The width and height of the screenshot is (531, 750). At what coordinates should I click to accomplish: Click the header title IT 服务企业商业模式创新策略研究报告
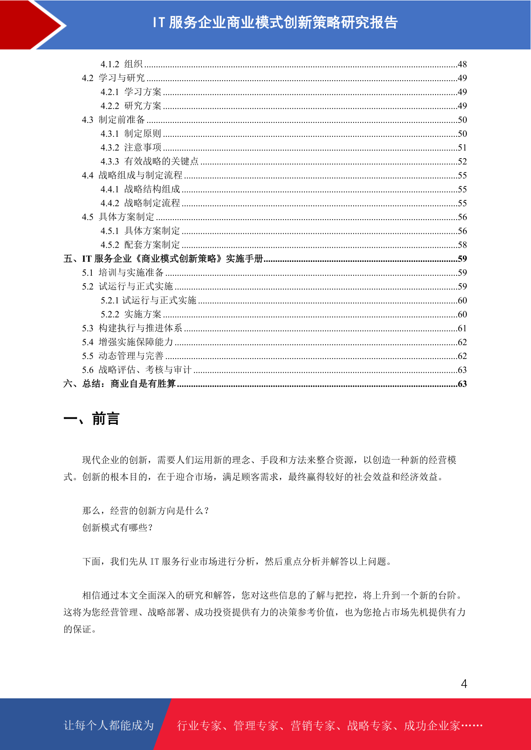(275, 22)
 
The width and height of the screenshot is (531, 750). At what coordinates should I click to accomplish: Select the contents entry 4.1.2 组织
(121, 64)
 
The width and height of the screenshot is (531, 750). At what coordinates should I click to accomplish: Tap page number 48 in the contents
(462, 64)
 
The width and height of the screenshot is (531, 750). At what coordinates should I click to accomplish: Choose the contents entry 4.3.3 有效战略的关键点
(149, 161)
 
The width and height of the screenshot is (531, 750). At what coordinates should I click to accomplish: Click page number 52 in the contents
(462, 161)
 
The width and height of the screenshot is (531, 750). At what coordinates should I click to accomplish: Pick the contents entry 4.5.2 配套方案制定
(140, 245)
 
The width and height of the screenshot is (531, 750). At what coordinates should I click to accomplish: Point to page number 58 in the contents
(462, 245)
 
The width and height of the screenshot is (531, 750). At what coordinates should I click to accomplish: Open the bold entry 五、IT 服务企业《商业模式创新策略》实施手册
(163, 259)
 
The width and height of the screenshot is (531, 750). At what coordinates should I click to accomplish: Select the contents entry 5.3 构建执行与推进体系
(132, 328)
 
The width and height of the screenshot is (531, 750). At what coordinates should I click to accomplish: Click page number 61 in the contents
(462, 328)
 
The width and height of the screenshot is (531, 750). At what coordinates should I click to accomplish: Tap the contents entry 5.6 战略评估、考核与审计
(136, 370)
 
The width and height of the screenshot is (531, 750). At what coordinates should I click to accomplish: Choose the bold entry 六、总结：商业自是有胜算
(119, 384)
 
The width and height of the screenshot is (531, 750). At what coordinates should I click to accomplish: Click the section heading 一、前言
(91, 419)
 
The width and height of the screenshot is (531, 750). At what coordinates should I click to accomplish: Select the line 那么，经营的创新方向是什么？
(146, 511)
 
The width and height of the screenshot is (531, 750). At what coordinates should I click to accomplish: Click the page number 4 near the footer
(464, 684)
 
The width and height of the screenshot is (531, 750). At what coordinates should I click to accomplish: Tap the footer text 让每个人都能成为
(109, 726)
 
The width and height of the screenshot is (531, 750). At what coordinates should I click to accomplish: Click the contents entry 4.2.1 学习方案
(131, 92)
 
